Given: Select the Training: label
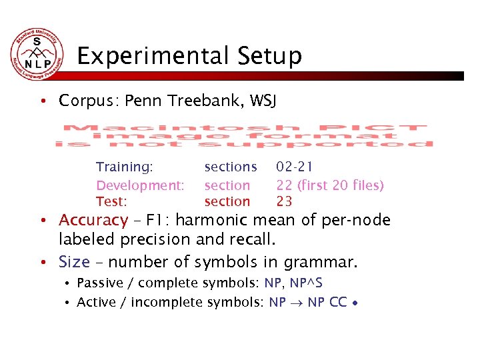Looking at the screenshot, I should pyautogui.click(x=125, y=167).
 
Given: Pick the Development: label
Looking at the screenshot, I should pyautogui.click(x=140, y=185).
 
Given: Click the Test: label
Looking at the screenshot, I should pyautogui.click(x=112, y=201).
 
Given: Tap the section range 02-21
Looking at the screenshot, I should pyautogui.click(x=295, y=167).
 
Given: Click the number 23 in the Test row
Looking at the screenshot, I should pyautogui.click(x=285, y=201).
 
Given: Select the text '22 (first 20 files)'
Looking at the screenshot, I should pyautogui.click(x=330, y=185).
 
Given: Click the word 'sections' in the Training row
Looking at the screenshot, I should pyautogui.click(x=230, y=167).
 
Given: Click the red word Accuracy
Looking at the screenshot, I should pyautogui.click(x=93, y=220).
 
